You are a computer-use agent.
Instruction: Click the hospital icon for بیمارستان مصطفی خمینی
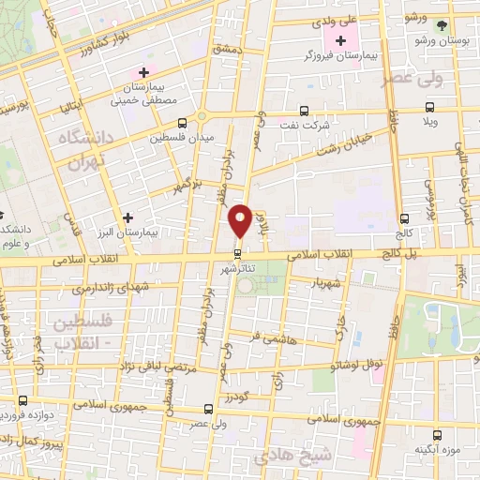tap(143, 71)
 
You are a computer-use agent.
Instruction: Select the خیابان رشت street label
tap(354, 144)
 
